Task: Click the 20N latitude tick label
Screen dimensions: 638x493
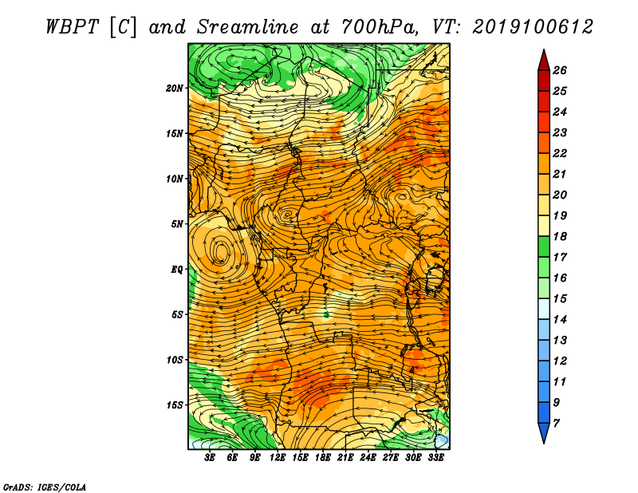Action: (x=174, y=89)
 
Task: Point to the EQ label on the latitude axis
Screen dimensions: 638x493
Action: (x=176, y=270)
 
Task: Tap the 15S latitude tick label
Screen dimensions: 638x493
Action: (x=174, y=405)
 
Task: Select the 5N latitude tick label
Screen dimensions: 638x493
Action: (x=176, y=224)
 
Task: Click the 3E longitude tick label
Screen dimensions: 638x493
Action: (x=210, y=457)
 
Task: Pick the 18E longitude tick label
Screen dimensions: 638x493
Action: (x=323, y=457)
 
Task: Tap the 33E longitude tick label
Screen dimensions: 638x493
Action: (x=435, y=457)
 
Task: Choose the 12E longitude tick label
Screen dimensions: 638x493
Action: (x=278, y=457)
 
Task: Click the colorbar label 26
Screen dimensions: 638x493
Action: (x=560, y=70)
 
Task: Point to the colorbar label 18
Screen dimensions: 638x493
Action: (x=560, y=236)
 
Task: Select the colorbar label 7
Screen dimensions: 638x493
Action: (x=556, y=424)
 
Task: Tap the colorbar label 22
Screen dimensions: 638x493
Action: (x=560, y=153)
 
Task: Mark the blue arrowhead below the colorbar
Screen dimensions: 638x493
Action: (x=544, y=432)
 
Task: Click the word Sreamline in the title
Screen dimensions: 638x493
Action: (x=248, y=27)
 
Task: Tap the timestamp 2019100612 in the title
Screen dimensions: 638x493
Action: (x=533, y=27)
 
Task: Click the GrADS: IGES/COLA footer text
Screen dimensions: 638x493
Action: (x=45, y=487)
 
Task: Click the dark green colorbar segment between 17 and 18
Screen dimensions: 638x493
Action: (x=544, y=246)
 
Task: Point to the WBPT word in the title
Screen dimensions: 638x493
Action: (x=72, y=27)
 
